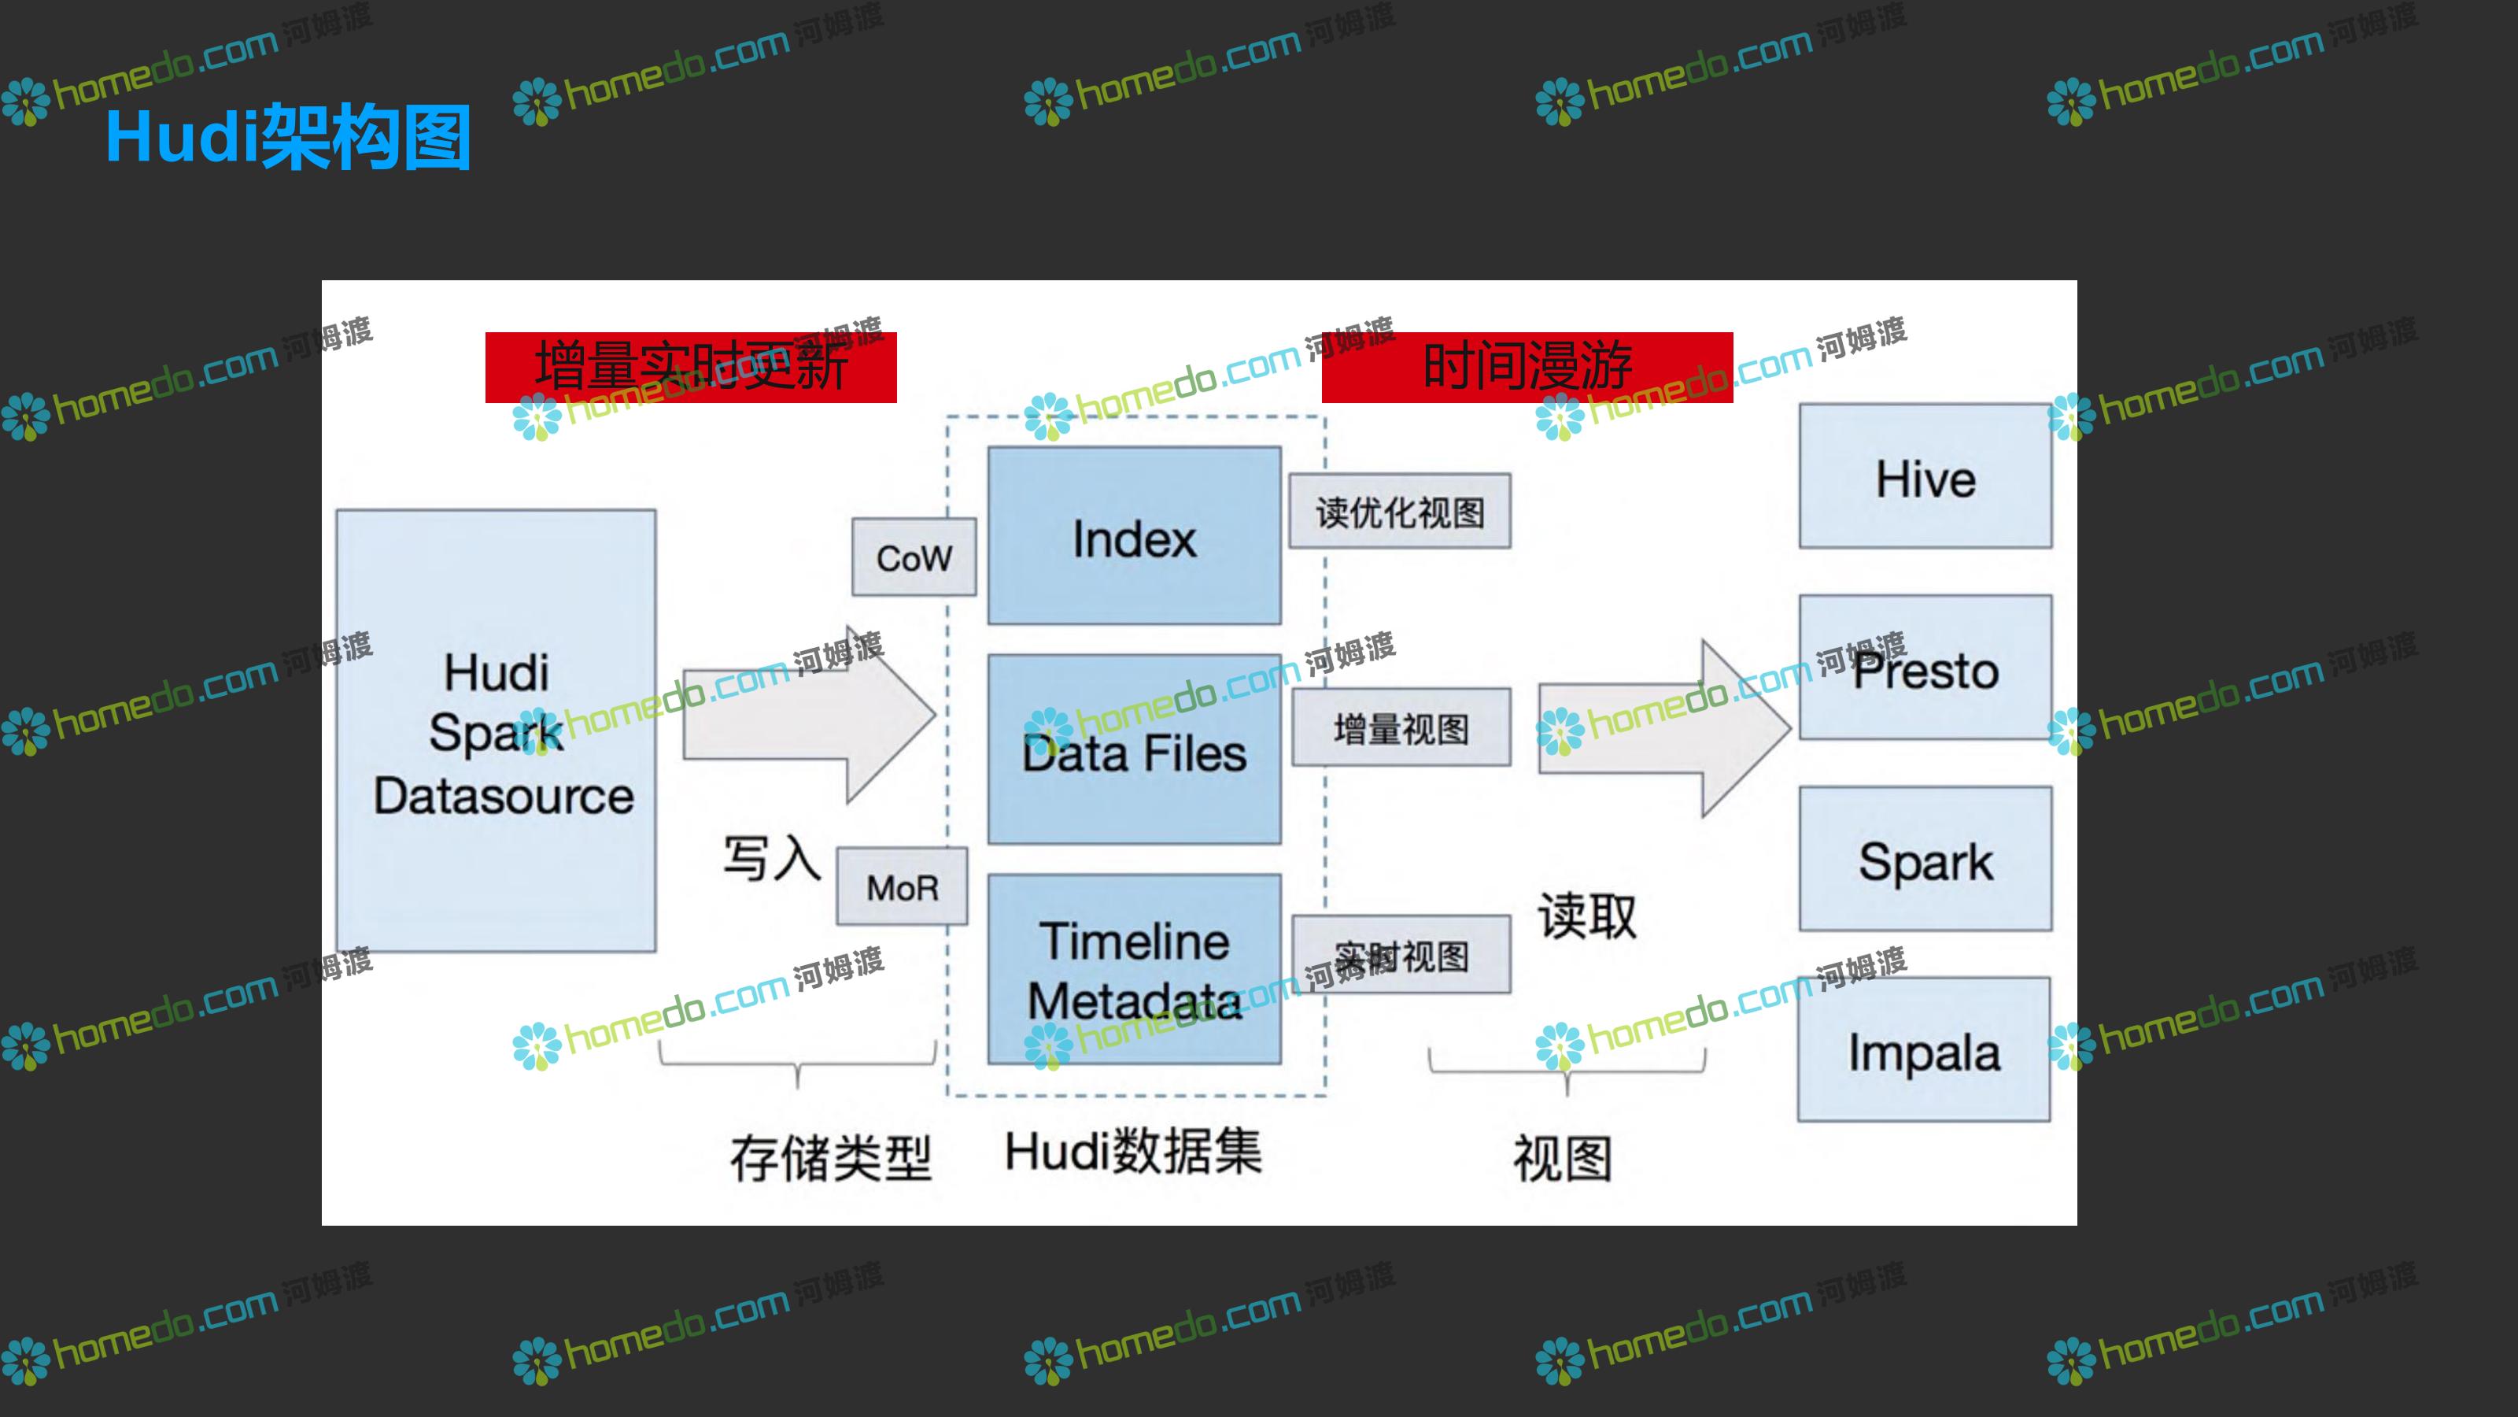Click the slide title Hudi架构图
[288, 137]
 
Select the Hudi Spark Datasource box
[496, 731]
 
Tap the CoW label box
[914, 557]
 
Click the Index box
[1134, 536]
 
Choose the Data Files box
[1134, 750]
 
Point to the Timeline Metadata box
[1134, 969]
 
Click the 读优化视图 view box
[1400, 512]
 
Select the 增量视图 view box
[1401, 727]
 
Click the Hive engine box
[1925, 477]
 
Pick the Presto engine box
[1925, 669]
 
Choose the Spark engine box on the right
[1925, 860]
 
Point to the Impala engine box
[1924, 1050]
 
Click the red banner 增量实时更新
[690, 367]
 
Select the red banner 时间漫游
[1527, 367]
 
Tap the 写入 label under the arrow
[771, 859]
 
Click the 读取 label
[1586, 916]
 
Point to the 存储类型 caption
[830, 1158]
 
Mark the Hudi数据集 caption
[1133, 1151]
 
